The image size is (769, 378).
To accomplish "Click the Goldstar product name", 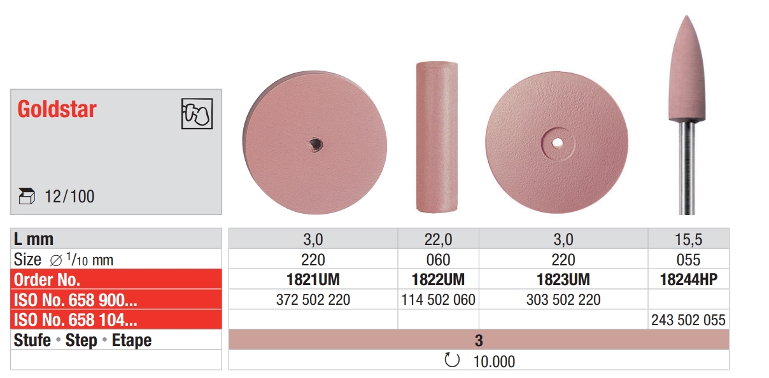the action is (57, 109).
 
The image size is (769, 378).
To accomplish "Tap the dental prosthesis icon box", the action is (197, 114).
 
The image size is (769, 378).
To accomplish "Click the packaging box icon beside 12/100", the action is (27, 196).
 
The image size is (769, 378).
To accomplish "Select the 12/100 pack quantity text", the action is (69, 197).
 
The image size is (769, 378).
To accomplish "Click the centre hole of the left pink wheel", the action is (315, 144).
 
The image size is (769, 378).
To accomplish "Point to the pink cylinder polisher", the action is (437, 137).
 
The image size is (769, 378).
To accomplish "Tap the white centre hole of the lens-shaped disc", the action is (557, 143).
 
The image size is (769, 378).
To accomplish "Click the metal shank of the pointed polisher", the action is (687, 167).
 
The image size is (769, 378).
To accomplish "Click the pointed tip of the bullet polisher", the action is (687, 16).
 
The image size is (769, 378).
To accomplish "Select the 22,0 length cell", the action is (438, 239).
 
